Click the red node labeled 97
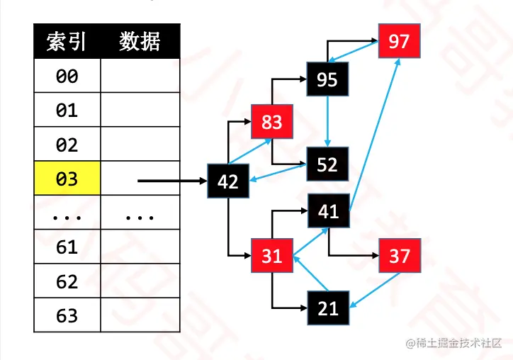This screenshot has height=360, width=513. coord(399,41)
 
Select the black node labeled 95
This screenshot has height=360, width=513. coord(327,79)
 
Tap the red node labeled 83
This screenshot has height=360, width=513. coord(272,123)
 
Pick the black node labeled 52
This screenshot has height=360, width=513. coord(327,164)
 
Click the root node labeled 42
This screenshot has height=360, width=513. coord(227,181)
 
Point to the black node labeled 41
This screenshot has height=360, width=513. coord(328,210)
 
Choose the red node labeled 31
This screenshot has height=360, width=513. coord(272,256)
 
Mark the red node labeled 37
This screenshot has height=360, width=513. coord(400,256)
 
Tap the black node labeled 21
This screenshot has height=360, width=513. coord(328,308)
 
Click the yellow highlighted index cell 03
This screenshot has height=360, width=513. coord(67,179)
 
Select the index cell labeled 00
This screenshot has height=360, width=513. coord(67,76)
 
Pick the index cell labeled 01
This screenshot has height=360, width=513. coord(67,111)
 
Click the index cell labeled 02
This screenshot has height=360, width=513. coord(67,145)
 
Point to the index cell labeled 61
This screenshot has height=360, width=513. coord(67,247)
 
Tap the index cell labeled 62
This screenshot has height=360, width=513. coord(67,281)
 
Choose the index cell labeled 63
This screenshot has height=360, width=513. coord(67,315)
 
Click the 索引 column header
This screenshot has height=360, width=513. coord(67,42)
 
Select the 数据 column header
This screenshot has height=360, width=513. coord(140,42)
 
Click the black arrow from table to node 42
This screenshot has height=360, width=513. coord(170,181)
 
